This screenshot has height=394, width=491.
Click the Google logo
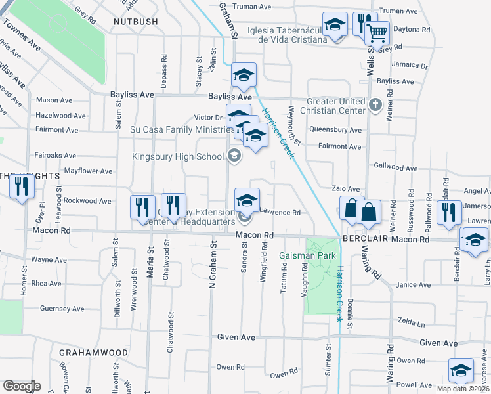22,386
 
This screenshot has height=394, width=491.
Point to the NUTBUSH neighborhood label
136,22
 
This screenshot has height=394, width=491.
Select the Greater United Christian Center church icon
375,104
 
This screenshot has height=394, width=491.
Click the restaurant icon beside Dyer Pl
22,186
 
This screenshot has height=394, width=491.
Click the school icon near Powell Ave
461,370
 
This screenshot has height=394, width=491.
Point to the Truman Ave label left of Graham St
253,7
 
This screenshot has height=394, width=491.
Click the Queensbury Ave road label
335,130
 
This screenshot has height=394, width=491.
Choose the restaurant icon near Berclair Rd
448,212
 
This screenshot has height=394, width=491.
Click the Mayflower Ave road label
87,171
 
